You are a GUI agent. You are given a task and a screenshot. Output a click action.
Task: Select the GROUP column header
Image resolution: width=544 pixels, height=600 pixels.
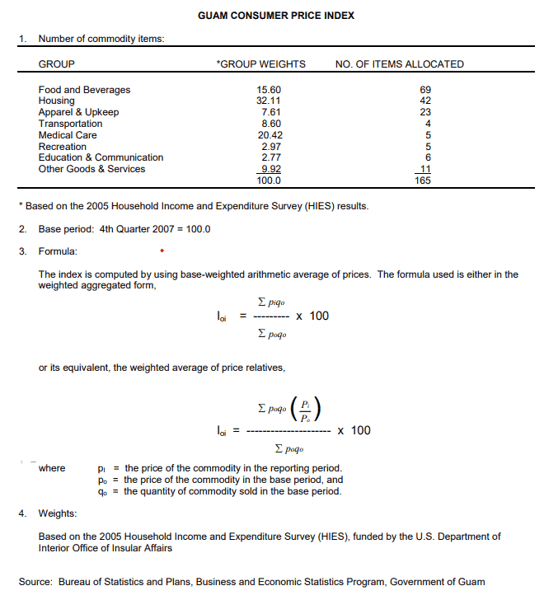(57, 64)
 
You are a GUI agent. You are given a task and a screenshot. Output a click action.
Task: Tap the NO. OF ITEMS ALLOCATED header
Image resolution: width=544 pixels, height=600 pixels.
(400, 64)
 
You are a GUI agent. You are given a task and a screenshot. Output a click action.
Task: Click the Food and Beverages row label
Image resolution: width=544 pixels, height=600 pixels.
(84, 90)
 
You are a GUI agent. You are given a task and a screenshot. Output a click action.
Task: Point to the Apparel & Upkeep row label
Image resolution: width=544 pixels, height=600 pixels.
(78, 112)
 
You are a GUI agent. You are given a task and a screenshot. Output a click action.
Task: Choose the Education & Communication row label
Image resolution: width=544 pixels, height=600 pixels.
(101, 157)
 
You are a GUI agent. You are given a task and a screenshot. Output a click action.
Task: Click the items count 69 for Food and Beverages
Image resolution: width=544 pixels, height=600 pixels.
(426, 90)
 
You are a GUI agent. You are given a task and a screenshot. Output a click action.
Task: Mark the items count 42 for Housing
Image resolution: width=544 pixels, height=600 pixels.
(426, 101)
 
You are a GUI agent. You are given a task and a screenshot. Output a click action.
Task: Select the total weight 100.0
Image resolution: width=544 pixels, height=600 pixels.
(270, 180)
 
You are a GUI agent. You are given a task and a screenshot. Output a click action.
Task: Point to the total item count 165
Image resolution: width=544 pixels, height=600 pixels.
(423, 180)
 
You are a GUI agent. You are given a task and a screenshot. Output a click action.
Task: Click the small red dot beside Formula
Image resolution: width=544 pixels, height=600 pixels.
(162, 250)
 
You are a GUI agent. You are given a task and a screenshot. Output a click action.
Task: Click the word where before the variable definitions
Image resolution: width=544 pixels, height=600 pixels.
(52, 468)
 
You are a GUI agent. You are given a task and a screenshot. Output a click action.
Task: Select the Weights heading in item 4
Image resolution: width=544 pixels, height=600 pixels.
(58, 513)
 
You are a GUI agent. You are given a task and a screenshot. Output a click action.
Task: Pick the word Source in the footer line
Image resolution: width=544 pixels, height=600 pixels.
(35, 582)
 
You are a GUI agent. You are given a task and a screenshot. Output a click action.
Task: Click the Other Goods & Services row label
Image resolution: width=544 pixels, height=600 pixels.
(91, 169)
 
